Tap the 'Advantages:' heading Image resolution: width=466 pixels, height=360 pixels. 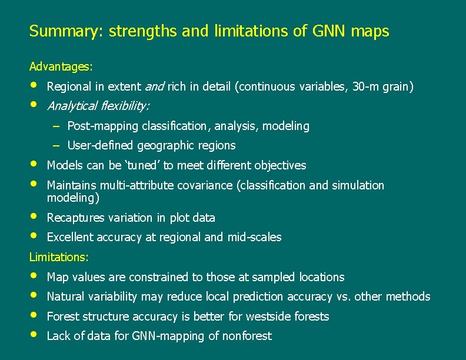click(61, 66)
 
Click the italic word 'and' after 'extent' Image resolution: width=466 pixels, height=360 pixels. click(155, 87)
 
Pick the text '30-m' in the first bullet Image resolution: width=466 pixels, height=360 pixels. click(365, 87)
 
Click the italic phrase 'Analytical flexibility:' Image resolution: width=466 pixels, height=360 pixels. click(98, 106)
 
